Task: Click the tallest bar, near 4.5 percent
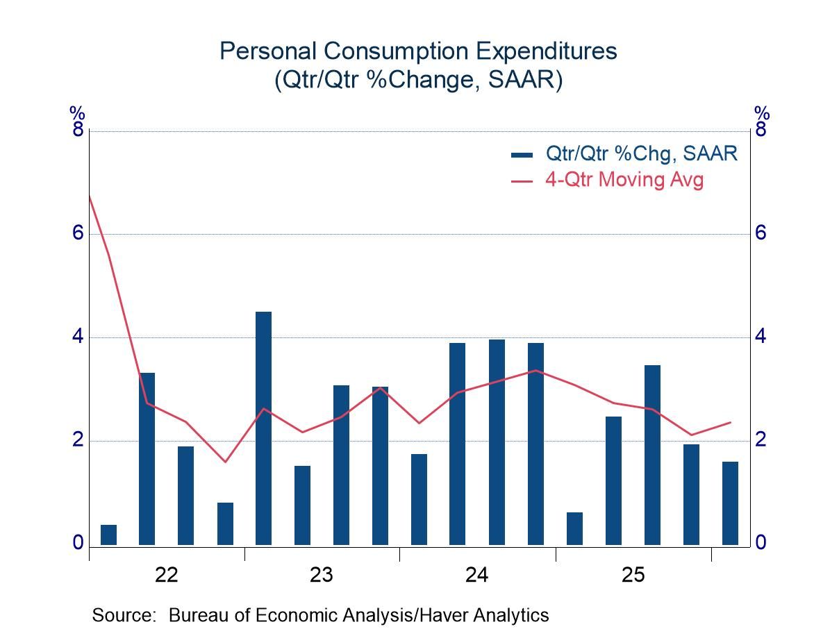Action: click(263, 428)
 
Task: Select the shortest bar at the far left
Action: click(108, 535)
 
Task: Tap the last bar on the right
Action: click(730, 503)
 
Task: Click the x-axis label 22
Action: click(167, 576)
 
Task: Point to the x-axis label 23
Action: click(322, 576)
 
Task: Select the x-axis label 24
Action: click(477, 576)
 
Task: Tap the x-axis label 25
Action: click(633, 576)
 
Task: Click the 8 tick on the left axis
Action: click(77, 130)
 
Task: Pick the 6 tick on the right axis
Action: click(761, 233)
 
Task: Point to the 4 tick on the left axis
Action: click(77, 337)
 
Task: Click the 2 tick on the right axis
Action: click(761, 440)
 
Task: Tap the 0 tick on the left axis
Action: click(77, 542)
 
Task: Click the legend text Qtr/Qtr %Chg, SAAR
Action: click(641, 153)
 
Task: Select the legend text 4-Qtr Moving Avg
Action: click(624, 180)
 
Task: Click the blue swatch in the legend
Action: click(522, 154)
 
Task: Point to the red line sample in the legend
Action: click(522, 181)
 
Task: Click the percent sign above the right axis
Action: click(762, 113)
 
